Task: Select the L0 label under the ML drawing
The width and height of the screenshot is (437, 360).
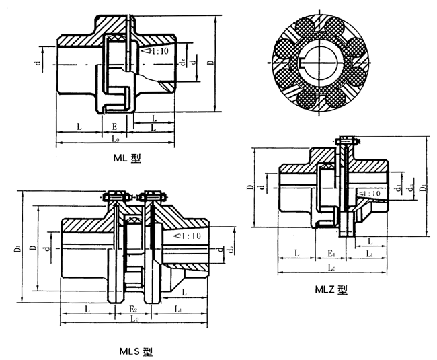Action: (x=116, y=140)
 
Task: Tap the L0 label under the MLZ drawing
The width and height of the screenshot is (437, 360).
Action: (x=332, y=268)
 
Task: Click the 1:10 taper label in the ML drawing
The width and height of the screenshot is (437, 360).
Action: (x=152, y=50)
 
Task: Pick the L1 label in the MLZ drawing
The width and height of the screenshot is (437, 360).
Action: (x=370, y=254)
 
